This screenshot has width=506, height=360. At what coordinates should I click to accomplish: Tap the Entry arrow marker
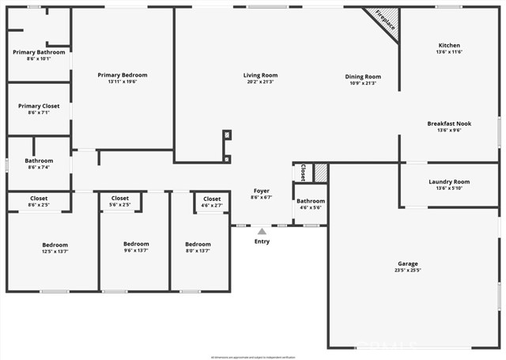(262, 231)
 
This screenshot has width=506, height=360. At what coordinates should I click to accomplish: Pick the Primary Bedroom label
(123, 78)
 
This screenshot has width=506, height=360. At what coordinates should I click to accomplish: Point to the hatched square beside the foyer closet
(321, 172)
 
